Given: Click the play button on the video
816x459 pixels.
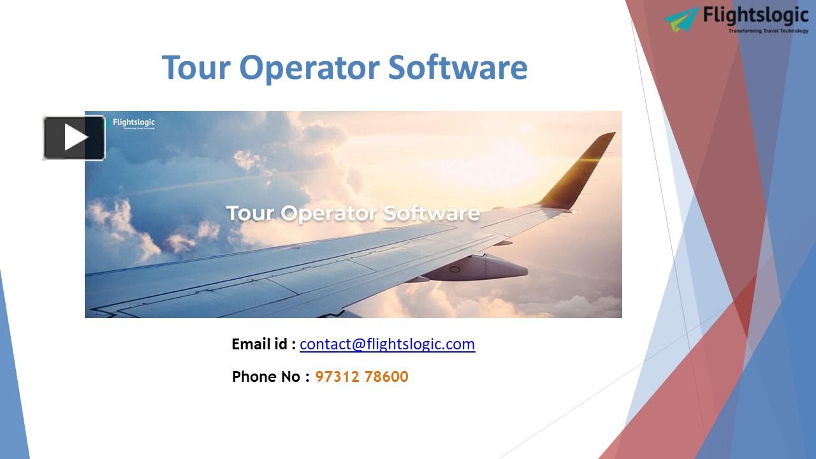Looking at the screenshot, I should click(74, 137).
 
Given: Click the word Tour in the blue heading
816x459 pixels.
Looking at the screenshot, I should click(196, 68).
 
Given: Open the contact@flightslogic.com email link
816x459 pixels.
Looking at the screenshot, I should click(387, 344).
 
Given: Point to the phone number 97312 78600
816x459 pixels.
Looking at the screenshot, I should click(361, 377).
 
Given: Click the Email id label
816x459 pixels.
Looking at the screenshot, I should click(263, 344).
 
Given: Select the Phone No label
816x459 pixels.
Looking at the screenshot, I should click(266, 377).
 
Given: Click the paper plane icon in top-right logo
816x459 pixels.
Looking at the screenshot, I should click(681, 19).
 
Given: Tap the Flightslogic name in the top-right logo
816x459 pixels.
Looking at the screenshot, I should click(755, 15).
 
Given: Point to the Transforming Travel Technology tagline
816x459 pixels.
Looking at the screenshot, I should click(768, 31).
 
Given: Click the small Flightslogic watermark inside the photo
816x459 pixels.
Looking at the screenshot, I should click(133, 122).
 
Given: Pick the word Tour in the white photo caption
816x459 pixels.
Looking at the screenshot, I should click(251, 213).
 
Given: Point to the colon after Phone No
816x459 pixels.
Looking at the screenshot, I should click(307, 377).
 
